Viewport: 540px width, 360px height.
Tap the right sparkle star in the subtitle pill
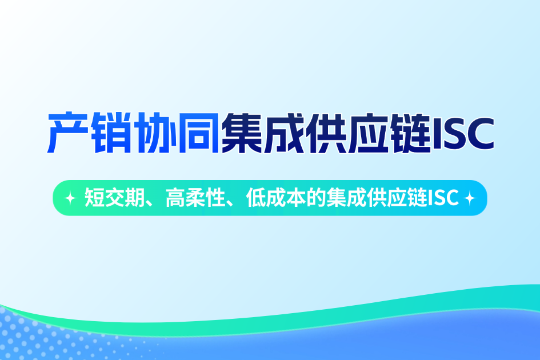pyautogui.click(x=470, y=198)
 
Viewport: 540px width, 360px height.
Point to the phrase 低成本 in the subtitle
pyautogui.click(x=273, y=198)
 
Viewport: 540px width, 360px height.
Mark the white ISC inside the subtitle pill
pyautogui.click(x=444, y=198)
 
